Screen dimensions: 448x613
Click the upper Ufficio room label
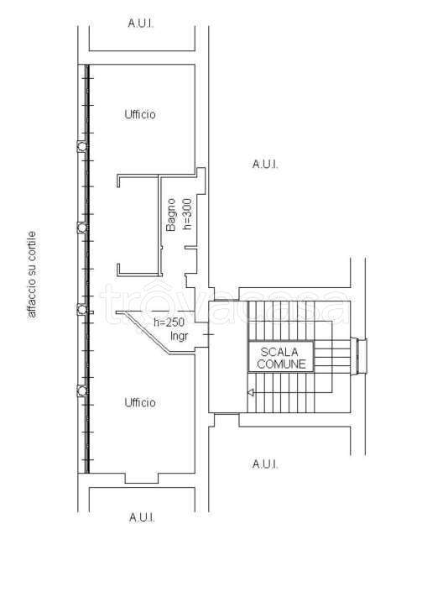(140, 114)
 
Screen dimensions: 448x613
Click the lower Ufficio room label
(140, 402)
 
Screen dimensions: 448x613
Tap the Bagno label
(171, 215)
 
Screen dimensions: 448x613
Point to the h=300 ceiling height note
(187, 214)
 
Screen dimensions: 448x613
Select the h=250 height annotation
(169, 322)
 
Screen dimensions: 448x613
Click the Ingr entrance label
(180, 336)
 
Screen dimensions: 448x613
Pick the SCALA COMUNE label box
(281, 357)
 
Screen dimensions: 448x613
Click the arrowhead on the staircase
(250, 392)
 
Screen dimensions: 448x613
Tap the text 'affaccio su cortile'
(32, 275)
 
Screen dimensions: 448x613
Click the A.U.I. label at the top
(141, 23)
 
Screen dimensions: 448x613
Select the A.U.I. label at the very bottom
(142, 517)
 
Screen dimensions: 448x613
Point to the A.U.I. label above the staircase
(265, 164)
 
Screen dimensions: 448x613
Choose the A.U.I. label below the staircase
(265, 464)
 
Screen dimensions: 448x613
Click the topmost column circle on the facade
(82, 147)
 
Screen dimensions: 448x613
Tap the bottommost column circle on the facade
(82, 390)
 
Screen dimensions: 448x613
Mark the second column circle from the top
(82, 228)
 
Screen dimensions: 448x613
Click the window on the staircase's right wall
(359, 357)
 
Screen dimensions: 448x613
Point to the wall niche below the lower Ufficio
(142, 478)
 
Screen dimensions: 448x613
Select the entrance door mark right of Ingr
(208, 335)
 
